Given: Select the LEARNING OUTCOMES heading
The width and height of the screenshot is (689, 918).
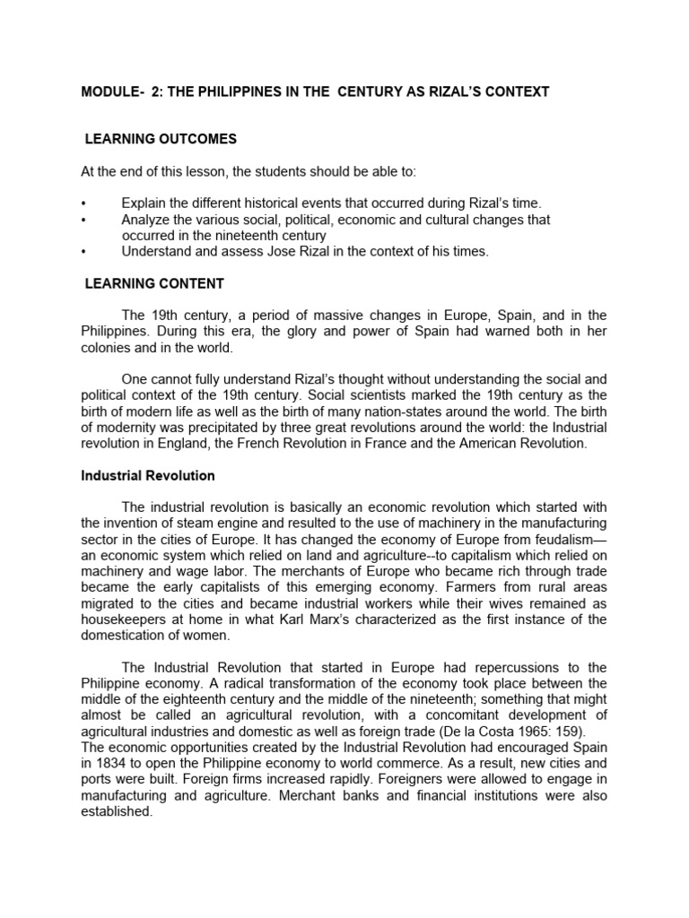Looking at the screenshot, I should coord(161,139).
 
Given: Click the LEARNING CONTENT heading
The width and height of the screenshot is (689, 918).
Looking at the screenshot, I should coord(154,284).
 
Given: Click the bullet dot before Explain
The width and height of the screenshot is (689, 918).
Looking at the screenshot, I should coord(83,204).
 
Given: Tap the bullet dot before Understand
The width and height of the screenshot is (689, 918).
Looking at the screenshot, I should coord(83,252).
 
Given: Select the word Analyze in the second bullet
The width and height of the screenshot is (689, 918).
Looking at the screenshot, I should coord(146,220).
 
